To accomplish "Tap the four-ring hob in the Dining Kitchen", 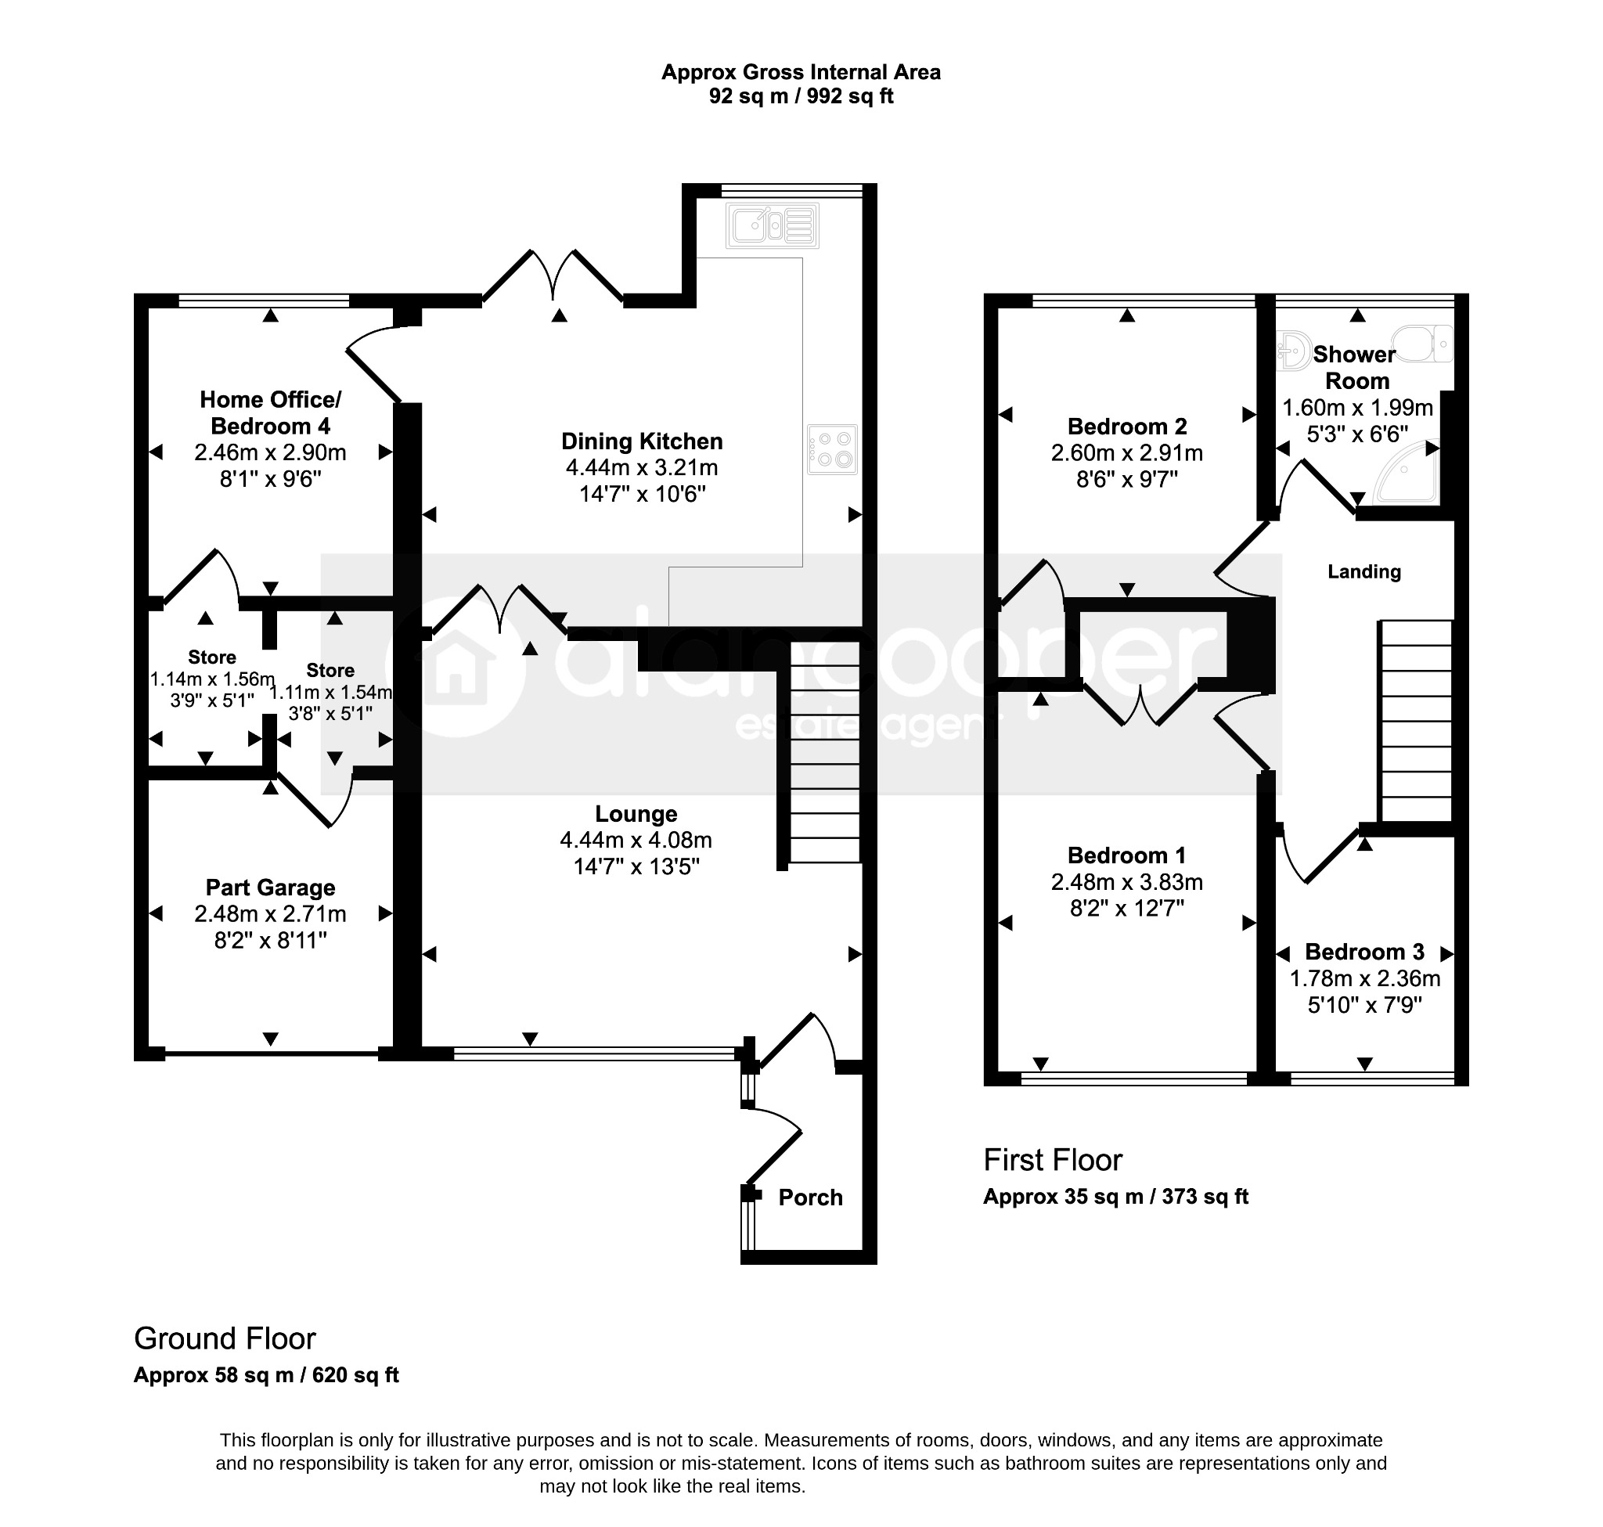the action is click(832, 449).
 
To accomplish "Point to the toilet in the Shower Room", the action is click(1421, 344).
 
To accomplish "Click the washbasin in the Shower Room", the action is click(1291, 350).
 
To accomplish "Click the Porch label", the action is click(810, 1197).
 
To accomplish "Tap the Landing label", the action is click(1364, 571).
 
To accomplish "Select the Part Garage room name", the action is click(270, 888).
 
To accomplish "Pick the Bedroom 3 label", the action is click(1364, 952).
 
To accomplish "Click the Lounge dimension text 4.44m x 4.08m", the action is click(636, 840).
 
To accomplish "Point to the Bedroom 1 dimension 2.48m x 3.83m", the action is click(1127, 881).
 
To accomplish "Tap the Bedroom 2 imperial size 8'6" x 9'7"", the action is click(1127, 479).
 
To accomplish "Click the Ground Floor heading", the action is click(225, 1338).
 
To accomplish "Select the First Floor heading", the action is click(1053, 1160).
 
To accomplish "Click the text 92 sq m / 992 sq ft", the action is click(801, 96).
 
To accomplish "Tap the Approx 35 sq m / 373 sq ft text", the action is click(1115, 1197).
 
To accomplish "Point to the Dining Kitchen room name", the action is click(642, 441).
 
